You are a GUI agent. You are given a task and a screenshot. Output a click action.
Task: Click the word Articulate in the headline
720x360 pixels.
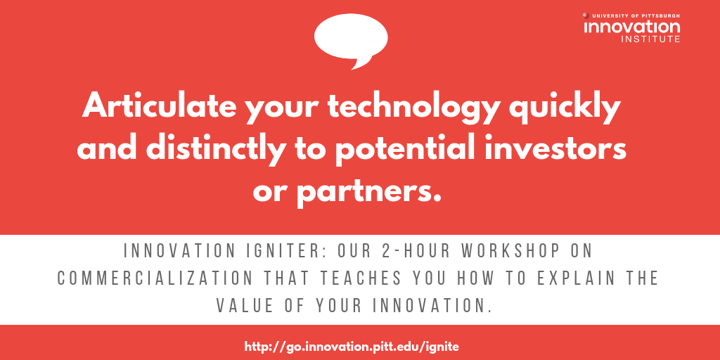pos(160,107)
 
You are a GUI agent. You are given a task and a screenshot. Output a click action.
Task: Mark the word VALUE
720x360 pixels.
pos(245,305)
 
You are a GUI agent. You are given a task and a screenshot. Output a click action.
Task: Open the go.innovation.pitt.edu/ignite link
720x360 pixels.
pos(352,346)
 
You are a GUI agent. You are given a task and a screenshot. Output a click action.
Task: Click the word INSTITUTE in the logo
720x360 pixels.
pos(650,39)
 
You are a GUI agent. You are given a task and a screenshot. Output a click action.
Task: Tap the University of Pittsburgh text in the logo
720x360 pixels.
pos(636,15)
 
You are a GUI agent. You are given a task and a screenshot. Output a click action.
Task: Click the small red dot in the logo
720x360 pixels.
pos(586,15)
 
